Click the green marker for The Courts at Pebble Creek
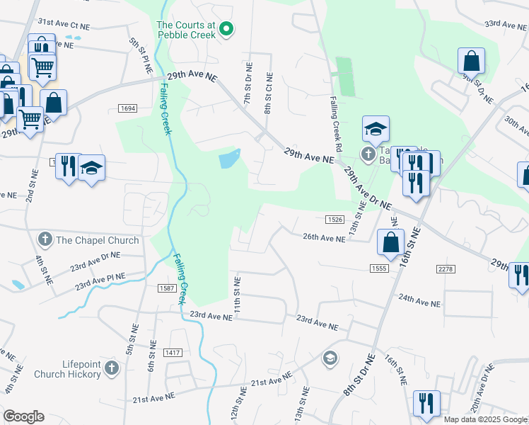pyautogui.click(x=226, y=29)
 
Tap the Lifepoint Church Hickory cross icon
pyautogui.click(x=112, y=368)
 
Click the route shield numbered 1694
pyautogui.click(x=127, y=108)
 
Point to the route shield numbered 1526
pyautogui.click(x=335, y=220)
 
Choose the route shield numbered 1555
pyautogui.click(x=378, y=268)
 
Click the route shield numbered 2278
pyautogui.click(x=446, y=268)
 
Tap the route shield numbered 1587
pyautogui.click(x=167, y=288)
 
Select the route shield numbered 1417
pyautogui.click(x=172, y=352)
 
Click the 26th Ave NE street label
pyautogui.click(x=324, y=239)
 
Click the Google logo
pyautogui.click(x=23, y=416)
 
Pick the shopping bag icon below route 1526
pyautogui.click(x=390, y=242)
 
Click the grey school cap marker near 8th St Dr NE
pyautogui.click(x=330, y=358)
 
